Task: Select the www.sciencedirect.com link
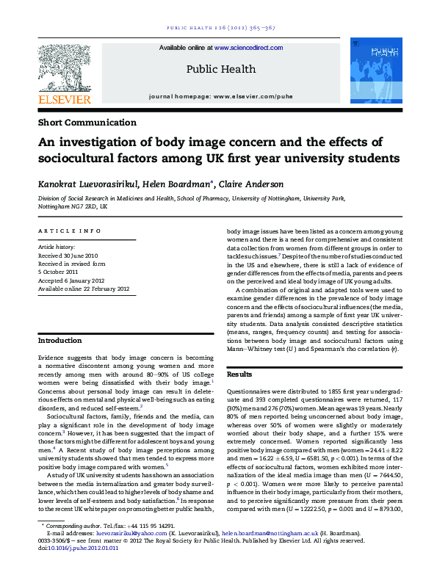click(248, 48)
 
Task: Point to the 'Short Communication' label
click(87, 123)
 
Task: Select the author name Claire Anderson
click(254, 184)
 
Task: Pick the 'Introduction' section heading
click(60, 341)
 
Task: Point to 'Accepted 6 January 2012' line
click(73, 280)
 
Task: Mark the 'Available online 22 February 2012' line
click(83, 288)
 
